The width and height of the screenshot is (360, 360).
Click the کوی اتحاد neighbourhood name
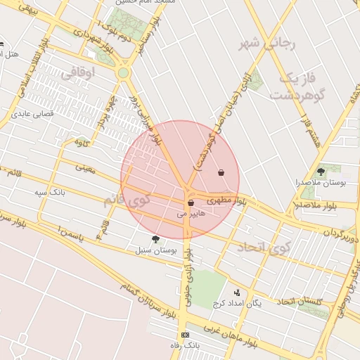click(x=262, y=247)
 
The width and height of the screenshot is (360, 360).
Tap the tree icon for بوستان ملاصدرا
click(x=321, y=171)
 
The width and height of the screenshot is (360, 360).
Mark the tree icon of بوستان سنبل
click(x=155, y=239)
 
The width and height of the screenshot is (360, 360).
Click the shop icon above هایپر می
click(x=191, y=202)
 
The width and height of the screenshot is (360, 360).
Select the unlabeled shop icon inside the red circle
click(x=221, y=172)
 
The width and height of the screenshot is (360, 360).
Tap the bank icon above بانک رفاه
click(x=185, y=335)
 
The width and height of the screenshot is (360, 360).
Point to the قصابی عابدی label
click(x=30, y=113)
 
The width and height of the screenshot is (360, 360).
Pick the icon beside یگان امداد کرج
click(x=237, y=292)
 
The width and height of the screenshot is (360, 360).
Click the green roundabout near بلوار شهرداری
click(x=124, y=72)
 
